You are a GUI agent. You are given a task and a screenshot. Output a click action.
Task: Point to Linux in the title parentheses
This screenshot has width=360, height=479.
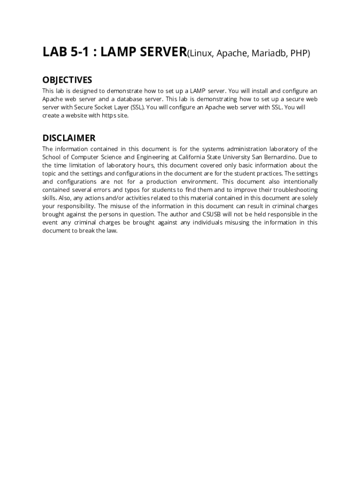pyautogui.click(x=202, y=54)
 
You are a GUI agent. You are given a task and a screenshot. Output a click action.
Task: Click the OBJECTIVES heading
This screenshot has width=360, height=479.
pyautogui.click(x=67, y=80)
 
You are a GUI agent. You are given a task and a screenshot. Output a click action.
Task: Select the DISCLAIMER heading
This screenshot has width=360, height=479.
pyautogui.click(x=69, y=138)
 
